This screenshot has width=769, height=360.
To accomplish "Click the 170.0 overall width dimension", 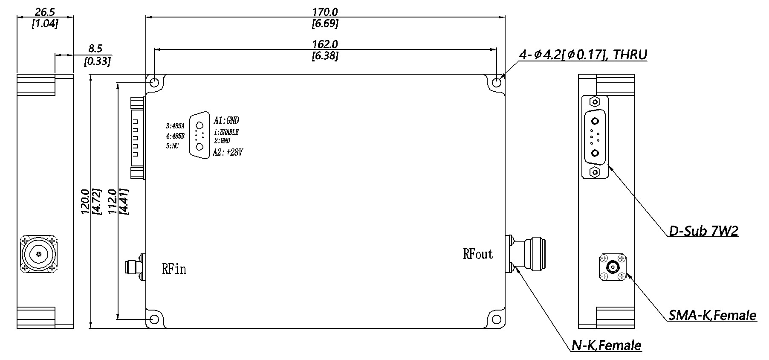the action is click(325, 12).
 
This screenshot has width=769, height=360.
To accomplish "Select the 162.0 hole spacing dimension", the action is click(325, 44).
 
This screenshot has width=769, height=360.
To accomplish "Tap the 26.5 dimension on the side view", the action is click(45, 12).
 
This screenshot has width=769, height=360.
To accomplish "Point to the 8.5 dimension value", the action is click(95, 49).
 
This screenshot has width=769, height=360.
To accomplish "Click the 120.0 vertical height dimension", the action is click(85, 201).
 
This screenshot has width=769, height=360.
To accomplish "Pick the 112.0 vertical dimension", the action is click(114, 201).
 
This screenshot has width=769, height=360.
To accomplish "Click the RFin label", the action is click(174, 269).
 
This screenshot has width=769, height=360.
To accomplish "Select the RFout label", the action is click(478, 254).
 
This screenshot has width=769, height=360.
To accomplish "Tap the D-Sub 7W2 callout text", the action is click(703, 231).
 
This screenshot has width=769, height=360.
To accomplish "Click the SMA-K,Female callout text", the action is click(712, 315).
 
